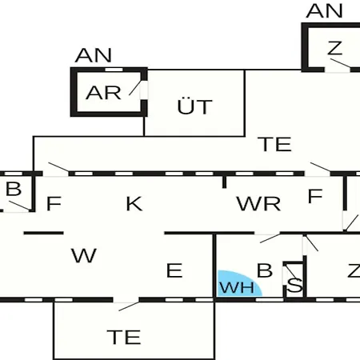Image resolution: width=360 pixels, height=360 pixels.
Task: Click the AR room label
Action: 103,93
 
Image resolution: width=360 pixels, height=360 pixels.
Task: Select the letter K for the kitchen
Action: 134,204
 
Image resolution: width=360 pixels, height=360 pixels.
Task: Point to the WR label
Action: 258,204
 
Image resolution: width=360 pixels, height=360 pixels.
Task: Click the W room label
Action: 84,255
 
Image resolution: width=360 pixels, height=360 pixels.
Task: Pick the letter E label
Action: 174,270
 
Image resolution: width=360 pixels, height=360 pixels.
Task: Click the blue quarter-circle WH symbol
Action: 238,284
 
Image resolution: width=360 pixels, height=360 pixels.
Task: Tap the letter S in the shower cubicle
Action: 294,285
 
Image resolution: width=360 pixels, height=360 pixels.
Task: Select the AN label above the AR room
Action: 94,55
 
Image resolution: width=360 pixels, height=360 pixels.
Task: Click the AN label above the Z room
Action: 324,11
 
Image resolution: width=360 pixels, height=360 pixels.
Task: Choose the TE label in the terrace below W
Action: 124,337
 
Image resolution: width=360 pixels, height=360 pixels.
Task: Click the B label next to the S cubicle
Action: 265,270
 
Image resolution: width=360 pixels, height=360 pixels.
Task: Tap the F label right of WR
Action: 315,196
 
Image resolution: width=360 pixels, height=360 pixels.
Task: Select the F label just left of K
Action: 54,203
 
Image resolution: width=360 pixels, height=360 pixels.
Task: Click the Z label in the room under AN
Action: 334,48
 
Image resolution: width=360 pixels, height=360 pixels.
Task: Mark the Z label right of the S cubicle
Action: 354,270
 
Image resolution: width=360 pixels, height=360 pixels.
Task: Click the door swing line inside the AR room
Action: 135,87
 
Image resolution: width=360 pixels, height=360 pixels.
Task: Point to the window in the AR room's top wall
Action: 114,70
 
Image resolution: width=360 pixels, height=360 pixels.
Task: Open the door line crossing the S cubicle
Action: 290,272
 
